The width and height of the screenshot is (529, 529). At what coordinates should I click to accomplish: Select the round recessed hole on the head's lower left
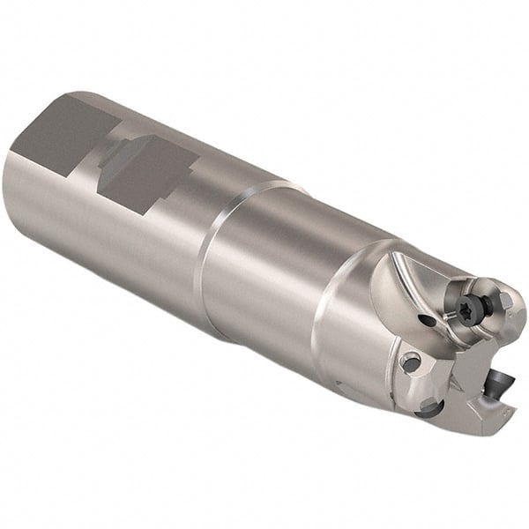[x=409, y=361]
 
